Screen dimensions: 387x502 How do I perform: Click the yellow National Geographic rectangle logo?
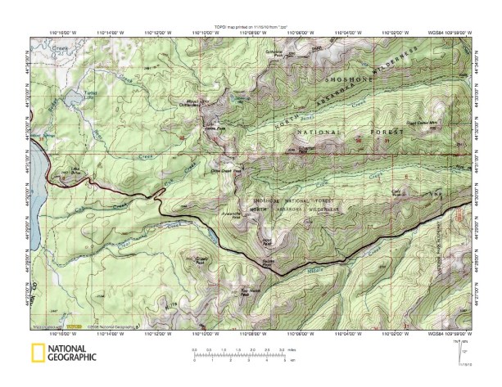(37, 353)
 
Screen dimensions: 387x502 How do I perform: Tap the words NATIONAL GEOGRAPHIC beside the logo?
(70, 353)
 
